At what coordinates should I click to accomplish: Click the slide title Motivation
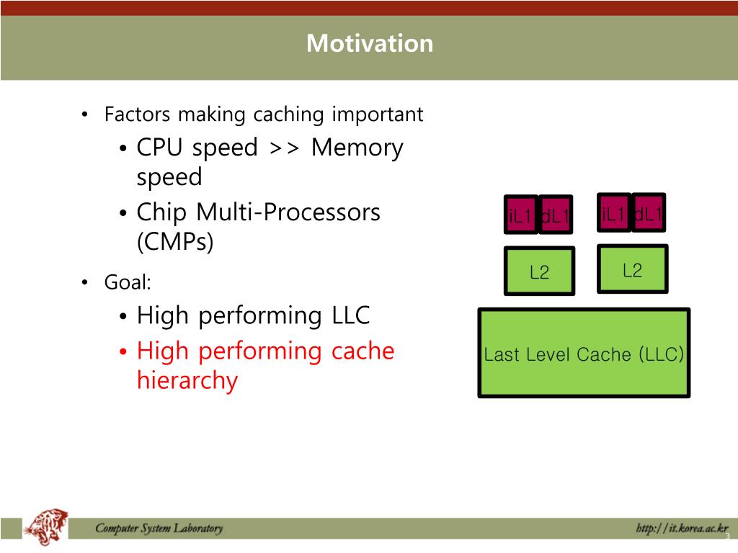pyautogui.click(x=370, y=43)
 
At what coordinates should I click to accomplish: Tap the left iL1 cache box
pyautogui.click(x=520, y=215)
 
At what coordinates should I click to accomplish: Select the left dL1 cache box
pyautogui.click(x=556, y=215)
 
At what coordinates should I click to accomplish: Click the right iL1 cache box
pyautogui.click(x=614, y=212)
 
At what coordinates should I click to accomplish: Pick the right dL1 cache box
pyautogui.click(x=649, y=212)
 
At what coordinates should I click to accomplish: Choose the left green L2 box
pyautogui.click(x=539, y=271)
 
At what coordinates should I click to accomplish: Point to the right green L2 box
pyautogui.click(x=632, y=269)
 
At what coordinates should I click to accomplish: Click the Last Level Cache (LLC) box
pyautogui.click(x=584, y=354)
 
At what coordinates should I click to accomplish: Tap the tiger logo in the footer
pyautogui.click(x=46, y=528)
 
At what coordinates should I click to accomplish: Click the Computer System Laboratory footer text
pyautogui.click(x=159, y=529)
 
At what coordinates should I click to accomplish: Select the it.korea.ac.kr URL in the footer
pyautogui.click(x=682, y=529)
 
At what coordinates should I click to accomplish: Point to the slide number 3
pyautogui.click(x=727, y=537)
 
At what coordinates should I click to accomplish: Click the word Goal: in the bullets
pyautogui.click(x=128, y=283)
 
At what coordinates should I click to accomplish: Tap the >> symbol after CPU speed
pyautogui.click(x=284, y=148)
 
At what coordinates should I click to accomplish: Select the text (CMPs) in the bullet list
pyautogui.click(x=175, y=242)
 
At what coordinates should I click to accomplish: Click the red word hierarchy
pyautogui.click(x=187, y=380)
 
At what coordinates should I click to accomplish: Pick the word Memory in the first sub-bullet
pyautogui.click(x=357, y=148)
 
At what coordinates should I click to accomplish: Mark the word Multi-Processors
pyautogui.click(x=288, y=212)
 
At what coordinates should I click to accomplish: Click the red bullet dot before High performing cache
pyautogui.click(x=123, y=352)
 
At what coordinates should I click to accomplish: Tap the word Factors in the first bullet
pyautogui.click(x=138, y=114)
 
